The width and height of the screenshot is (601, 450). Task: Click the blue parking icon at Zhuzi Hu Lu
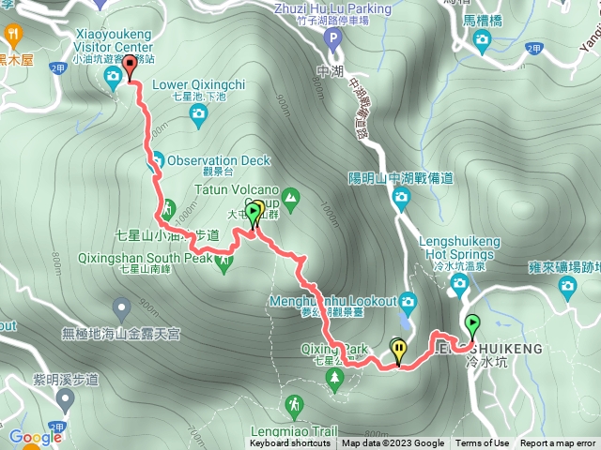331,39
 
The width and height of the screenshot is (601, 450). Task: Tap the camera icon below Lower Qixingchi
197,114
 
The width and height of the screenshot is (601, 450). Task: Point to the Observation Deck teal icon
157,160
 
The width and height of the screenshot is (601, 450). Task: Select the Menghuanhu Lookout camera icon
408,301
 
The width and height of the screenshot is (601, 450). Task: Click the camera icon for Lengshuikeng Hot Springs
459,283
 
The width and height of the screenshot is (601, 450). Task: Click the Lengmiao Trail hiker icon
294,404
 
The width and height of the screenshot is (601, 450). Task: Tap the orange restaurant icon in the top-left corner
13,35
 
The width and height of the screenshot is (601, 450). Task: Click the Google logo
35,437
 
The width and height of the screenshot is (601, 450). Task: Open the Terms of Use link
483,443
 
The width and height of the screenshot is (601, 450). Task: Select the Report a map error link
559,443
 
